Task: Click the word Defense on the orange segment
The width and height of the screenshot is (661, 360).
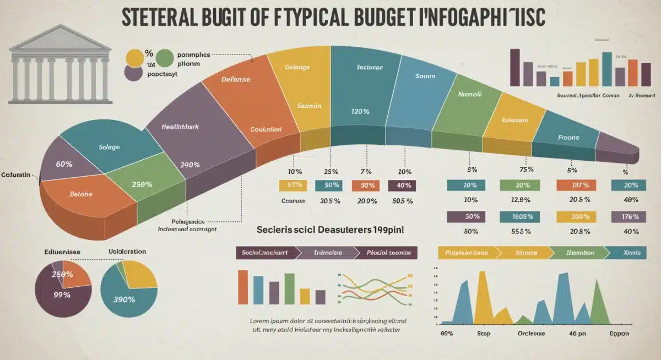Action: point(235,79)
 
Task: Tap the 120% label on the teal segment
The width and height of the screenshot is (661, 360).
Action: point(359,111)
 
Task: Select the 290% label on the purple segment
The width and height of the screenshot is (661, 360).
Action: point(190,165)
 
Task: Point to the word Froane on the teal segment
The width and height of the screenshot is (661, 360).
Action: point(568,137)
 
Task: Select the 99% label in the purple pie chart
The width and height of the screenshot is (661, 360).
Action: point(62,294)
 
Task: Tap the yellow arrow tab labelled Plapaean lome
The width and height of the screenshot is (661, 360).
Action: point(466,253)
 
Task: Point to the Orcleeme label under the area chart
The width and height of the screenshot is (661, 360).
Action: point(531,334)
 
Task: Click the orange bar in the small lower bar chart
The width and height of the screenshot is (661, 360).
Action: point(242,287)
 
